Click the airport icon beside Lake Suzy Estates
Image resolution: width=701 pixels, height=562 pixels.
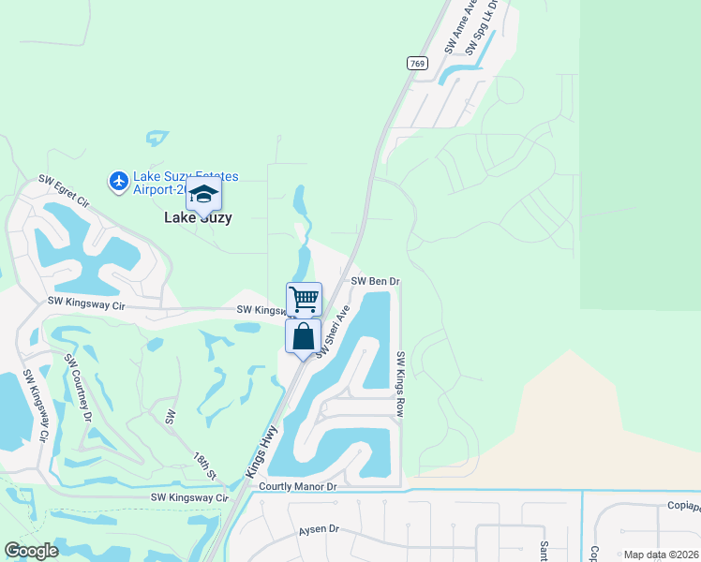click(x=119, y=180)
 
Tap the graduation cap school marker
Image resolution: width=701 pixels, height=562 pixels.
click(x=203, y=196)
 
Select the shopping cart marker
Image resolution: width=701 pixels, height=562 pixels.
click(x=304, y=300)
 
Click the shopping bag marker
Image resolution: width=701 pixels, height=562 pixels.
click(x=304, y=336)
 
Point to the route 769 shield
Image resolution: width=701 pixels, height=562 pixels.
click(x=417, y=64)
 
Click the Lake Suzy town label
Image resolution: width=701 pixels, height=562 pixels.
click(x=198, y=217)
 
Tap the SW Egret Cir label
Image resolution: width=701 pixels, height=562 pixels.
click(x=63, y=190)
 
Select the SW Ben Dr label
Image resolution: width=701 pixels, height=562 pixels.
click(x=376, y=281)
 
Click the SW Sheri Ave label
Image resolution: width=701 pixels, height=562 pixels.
click(x=333, y=331)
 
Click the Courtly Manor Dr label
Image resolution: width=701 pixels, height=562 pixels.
click(x=297, y=487)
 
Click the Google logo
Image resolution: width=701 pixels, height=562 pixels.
click(x=32, y=551)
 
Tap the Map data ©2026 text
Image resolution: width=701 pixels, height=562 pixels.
click(x=660, y=555)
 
